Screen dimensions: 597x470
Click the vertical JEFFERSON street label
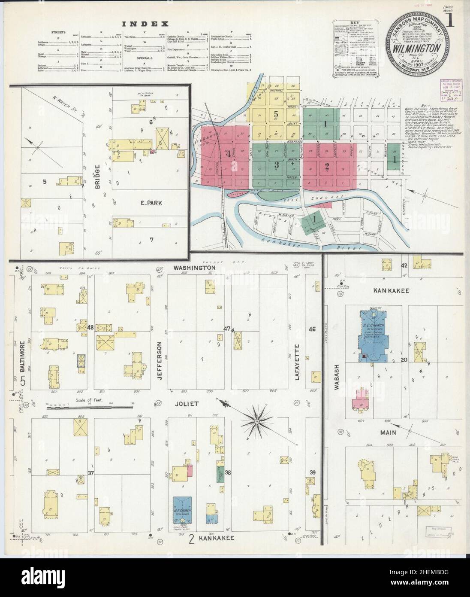[x=160, y=360]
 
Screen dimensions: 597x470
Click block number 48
[x=90, y=327]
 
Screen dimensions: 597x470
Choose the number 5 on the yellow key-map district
[x=276, y=115]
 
